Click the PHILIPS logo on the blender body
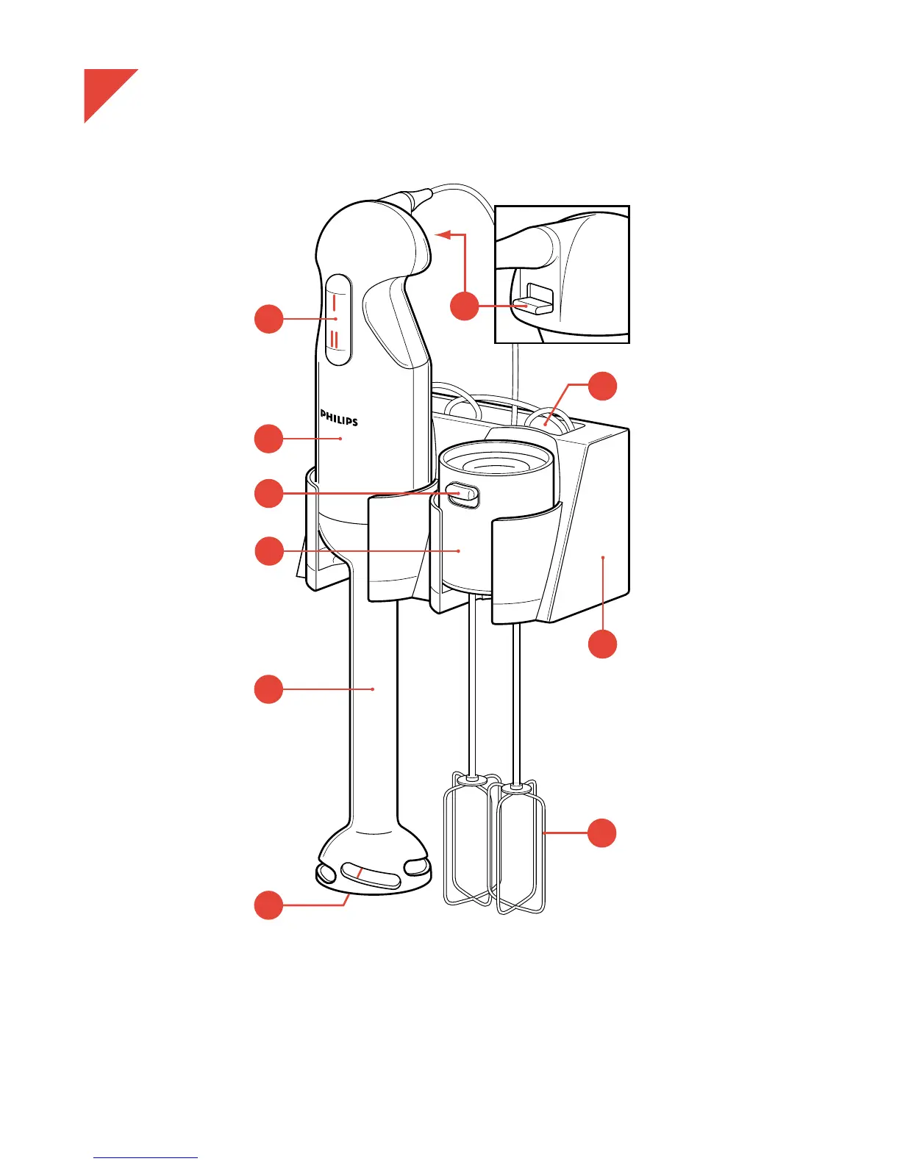[x=339, y=417]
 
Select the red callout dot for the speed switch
[x=269, y=319]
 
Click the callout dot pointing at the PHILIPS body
[x=269, y=439]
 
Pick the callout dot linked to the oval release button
[x=269, y=493]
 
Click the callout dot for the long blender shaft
[x=269, y=689]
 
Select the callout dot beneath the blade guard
[x=269, y=905]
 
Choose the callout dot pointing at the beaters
[x=602, y=833]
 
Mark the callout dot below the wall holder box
[x=602, y=644]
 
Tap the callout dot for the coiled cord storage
[x=602, y=386]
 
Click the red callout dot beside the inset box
[x=464, y=306]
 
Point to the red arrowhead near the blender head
[x=442, y=234]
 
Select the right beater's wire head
[x=521, y=849]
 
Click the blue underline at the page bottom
[x=146, y=1158]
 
